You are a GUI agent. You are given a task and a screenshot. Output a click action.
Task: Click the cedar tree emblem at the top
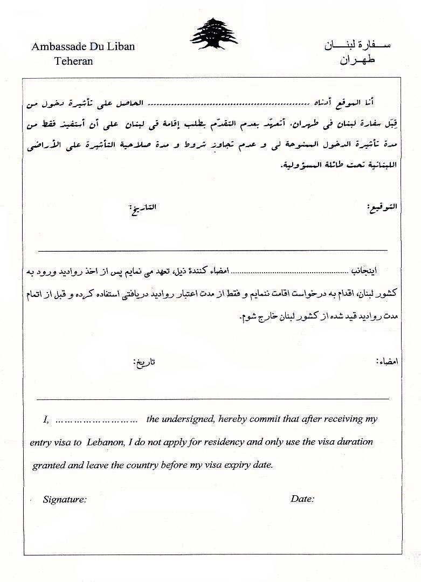[213, 33]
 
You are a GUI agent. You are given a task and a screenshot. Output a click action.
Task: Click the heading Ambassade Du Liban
[83, 46]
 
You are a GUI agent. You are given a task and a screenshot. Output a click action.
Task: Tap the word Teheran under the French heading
[73, 61]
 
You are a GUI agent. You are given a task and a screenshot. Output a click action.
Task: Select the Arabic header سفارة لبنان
[357, 45]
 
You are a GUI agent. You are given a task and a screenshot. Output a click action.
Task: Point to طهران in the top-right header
[357, 60]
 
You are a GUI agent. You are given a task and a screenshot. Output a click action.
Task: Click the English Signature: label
[65, 500]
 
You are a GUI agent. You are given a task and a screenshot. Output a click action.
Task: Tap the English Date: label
[302, 498]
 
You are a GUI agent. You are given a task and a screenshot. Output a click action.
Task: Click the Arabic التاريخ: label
[143, 207]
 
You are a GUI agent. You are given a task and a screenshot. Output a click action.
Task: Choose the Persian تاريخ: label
[144, 362]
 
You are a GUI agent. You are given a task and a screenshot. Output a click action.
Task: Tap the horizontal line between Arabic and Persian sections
[213, 251]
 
